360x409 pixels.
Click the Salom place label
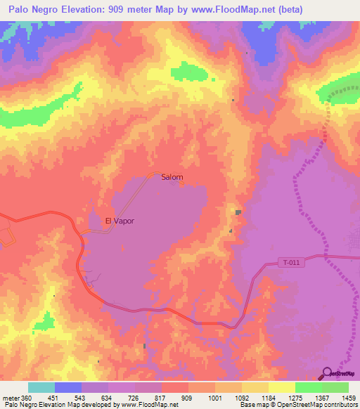click(172, 177)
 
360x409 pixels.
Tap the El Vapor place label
click(120, 221)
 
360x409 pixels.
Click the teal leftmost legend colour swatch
click(41, 387)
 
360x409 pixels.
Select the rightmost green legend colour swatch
click(335, 387)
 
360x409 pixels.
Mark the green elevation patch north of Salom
click(191, 71)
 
